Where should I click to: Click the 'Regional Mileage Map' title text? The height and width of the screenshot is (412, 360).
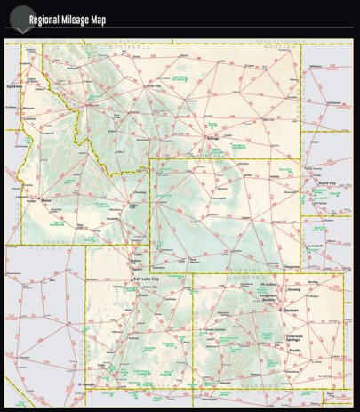67,20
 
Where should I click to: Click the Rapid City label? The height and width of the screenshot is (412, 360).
328,182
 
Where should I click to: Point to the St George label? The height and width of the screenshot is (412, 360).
86,384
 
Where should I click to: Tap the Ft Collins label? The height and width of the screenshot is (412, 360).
270,284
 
